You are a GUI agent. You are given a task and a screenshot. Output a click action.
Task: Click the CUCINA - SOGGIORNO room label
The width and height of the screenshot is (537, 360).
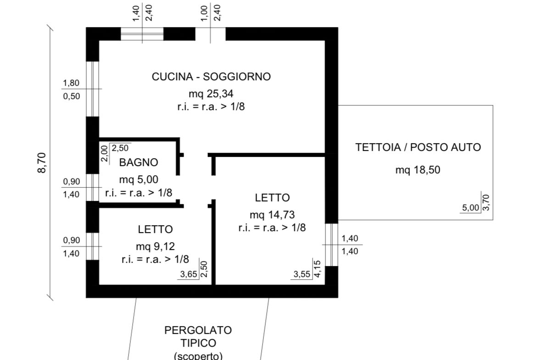pyautogui.click(x=211, y=77)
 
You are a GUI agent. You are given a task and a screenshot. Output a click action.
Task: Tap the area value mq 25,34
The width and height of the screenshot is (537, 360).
pyautogui.click(x=211, y=94)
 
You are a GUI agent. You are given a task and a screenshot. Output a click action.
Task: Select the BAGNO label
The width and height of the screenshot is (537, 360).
pyautogui.click(x=139, y=162)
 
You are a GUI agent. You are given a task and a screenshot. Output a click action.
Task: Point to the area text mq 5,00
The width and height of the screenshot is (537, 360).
pyautogui.click(x=139, y=179)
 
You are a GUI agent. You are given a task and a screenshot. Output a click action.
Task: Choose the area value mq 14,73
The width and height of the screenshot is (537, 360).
pyautogui.click(x=272, y=214)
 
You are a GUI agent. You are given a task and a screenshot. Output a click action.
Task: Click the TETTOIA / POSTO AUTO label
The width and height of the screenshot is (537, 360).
pyautogui.click(x=418, y=148)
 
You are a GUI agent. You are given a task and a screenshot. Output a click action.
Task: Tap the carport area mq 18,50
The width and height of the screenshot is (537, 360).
pyautogui.click(x=418, y=170)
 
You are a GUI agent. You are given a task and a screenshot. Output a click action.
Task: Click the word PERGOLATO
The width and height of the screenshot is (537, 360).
pyautogui.click(x=198, y=330)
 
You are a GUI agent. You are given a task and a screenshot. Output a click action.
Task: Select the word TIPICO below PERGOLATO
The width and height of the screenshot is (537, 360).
pyautogui.click(x=198, y=343)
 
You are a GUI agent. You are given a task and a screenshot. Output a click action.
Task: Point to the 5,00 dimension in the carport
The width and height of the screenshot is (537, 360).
pyautogui.click(x=470, y=208)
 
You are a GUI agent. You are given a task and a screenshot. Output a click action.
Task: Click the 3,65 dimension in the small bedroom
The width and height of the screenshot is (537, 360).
pyautogui.click(x=189, y=275)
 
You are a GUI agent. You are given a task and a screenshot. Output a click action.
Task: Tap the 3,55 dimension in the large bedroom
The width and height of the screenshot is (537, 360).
pyautogui.click(x=302, y=275)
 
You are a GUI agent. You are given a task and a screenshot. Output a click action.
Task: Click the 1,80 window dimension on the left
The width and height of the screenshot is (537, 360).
pyautogui.click(x=71, y=83)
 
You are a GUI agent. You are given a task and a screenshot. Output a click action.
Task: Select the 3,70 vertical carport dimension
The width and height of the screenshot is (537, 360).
pyautogui.click(x=487, y=202)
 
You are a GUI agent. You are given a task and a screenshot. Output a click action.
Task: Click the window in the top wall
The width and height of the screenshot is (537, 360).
pyautogui.click(x=142, y=34)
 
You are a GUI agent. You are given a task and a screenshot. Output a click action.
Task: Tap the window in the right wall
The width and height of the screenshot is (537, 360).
pyautogui.click(x=331, y=244)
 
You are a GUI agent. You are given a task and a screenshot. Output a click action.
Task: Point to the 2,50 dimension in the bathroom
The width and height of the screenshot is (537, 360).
pyautogui.click(x=121, y=148)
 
